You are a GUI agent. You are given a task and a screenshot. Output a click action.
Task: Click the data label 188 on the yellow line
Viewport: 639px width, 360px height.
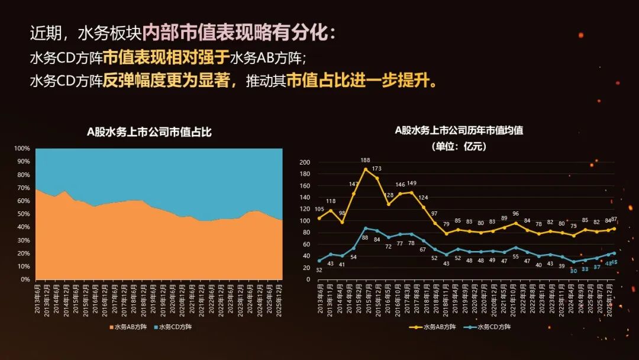click(366, 160)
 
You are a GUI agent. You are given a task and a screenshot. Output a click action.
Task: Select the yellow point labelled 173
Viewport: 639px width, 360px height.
click(377, 178)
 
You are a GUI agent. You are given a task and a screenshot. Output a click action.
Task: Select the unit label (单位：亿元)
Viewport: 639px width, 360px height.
click(459, 146)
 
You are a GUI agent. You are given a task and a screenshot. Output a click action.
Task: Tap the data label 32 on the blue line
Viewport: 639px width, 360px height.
click(319, 270)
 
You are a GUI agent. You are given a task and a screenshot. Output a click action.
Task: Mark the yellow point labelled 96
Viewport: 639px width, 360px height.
click(515, 223)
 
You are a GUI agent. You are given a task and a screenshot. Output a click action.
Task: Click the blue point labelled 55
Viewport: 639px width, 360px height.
click(515, 247)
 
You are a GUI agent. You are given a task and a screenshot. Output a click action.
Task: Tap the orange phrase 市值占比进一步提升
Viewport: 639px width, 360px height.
click(362, 81)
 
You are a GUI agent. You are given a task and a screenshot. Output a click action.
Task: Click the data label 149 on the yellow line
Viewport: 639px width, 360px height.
click(412, 183)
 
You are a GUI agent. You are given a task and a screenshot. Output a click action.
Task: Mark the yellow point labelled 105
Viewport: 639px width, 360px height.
click(319, 218)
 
